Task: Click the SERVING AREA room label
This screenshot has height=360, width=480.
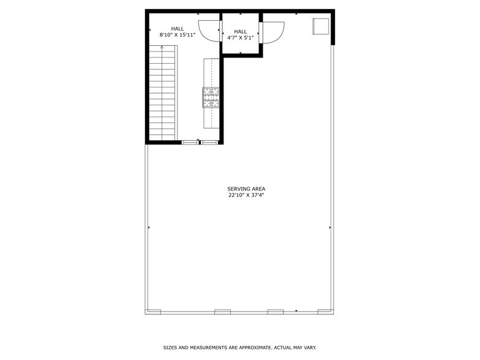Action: (x=246, y=189)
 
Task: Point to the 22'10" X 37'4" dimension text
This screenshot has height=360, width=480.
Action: (x=246, y=195)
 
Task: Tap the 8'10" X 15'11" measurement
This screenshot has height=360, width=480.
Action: (x=178, y=35)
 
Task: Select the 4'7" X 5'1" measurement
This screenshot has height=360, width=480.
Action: (x=241, y=37)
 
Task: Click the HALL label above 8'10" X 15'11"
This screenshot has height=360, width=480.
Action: (x=178, y=28)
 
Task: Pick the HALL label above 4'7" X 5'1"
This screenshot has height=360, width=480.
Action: (x=241, y=31)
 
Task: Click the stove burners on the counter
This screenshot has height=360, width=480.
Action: (x=211, y=97)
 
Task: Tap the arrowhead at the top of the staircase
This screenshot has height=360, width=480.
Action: (x=162, y=47)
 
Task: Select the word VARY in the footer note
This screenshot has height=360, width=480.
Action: (x=309, y=348)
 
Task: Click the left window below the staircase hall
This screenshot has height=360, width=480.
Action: (x=190, y=143)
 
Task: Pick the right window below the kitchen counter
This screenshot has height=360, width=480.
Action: (x=210, y=143)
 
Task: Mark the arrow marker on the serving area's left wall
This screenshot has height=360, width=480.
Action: (x=149, y=228)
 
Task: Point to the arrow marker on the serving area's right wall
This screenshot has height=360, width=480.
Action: (x=331, y=228)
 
